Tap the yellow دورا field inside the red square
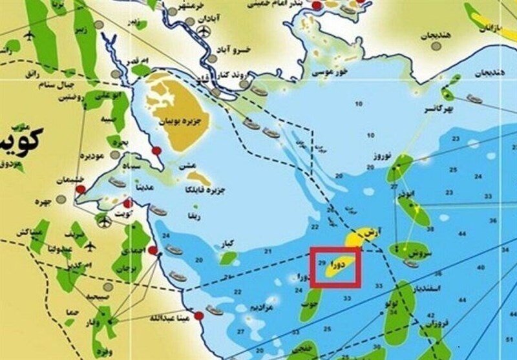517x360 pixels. click(x=340, y=264)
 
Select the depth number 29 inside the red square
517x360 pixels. click(x=322, y=262)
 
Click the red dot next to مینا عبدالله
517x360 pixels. click(x=198, y=315)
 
